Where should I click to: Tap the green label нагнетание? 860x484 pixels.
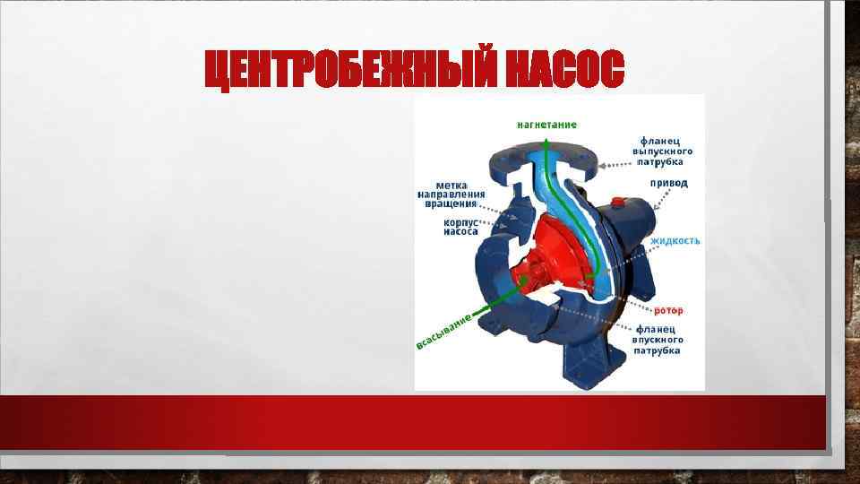click(546, 124)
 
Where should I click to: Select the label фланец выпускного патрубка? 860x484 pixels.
click(663, 151)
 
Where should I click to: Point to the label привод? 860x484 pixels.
click(669, 183)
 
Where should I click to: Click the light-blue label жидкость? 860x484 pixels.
click(675, 241)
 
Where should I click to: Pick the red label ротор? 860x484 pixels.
click(668, 310)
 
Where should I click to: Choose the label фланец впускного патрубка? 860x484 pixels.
click(658, 340)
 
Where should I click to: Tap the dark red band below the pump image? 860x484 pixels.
click(412, 421)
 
